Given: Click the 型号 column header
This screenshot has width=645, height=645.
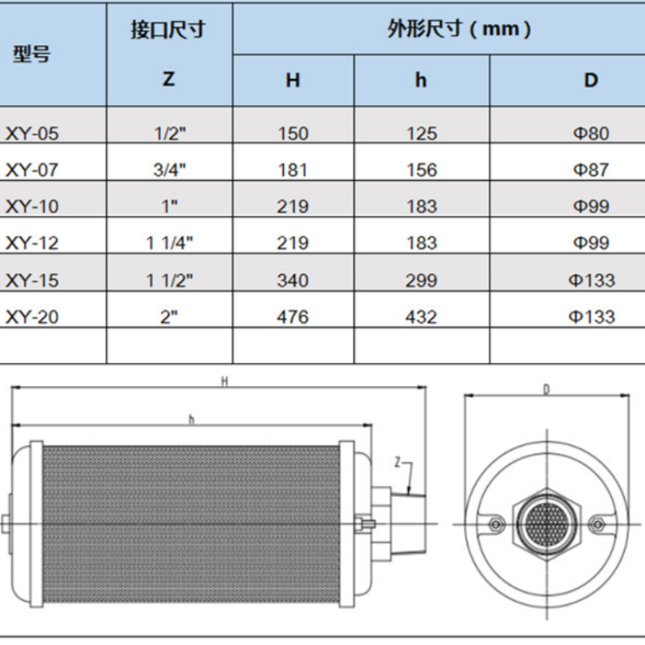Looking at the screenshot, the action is click(x=31, y=54).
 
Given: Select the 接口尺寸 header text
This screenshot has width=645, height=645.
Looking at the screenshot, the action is click(x=168, y=30).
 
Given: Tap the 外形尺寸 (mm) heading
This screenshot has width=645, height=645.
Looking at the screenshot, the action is click(x=459, y=29).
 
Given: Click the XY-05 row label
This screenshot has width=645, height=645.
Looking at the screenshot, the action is click(x=31, y=134).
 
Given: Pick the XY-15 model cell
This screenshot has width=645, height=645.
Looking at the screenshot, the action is click(x=31, y=281).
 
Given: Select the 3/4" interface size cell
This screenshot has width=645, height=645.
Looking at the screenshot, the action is click(x=169, y=170).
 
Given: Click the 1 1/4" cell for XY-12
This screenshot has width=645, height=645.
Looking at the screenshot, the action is click(x=169, y=243).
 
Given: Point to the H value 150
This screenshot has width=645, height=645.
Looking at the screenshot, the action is click(x=293, y=134).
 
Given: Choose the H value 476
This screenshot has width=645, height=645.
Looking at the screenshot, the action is click(x=293, y=317).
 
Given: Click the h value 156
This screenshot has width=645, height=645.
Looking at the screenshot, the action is click(x=422, y=170).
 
